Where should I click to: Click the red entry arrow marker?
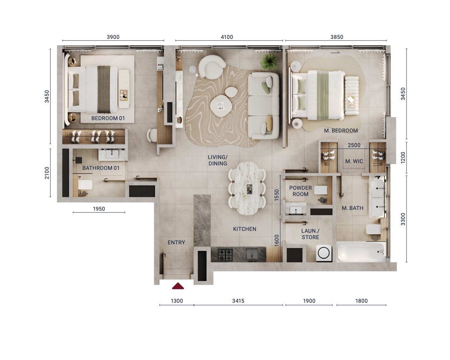(x=178, y=286)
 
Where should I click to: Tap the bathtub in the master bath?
(x=361, y=252)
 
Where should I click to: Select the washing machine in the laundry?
(x=323, y=253)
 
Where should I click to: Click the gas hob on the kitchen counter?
(x=225, y=255)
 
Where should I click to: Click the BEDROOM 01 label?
(x=108, y=119)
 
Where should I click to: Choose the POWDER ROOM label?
(x=301, y=191)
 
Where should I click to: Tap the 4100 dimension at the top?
(x=227, y=37)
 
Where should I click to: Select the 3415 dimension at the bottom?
(x=238, y=300)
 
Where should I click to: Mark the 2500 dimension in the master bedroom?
(x=354, y=145)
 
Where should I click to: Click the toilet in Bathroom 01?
(x=85, y=185)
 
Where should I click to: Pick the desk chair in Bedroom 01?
(x=152, y=135)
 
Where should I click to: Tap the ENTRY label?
(x=176, y=242)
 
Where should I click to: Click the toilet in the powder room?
(x=321, y=190)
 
